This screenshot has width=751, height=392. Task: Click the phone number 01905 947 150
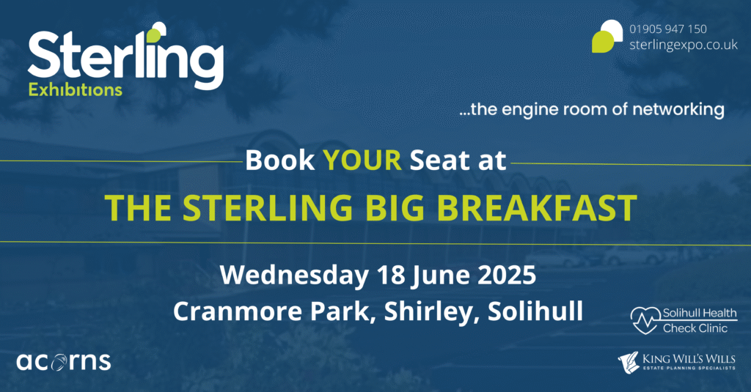(x=667, y=29)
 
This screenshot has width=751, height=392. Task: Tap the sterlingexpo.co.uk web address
(x=684, y=45)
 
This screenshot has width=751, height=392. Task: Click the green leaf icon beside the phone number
(x=607, y=36)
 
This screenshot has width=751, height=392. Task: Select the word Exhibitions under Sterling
(x=76, y=89)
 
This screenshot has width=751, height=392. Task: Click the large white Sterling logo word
(x=126, y=56)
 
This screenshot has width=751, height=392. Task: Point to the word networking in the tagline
(x=678, y=110)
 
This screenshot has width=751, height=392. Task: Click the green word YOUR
(x=362, y=160)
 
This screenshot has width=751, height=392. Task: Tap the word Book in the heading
(x=279, y=160)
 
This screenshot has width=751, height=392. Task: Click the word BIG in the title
(x=394, y=207)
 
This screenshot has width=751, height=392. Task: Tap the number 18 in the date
(x=391, y=275)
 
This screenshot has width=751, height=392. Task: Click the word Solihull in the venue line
(x=535, y=311)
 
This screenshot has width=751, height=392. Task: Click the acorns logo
(x=64, y=362)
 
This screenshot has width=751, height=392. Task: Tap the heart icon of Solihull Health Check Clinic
(x=645, y=320)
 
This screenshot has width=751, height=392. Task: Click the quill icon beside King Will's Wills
(x=629, y=362)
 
